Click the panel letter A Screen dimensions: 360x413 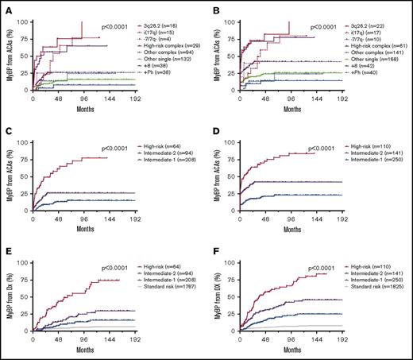coord(6,7)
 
